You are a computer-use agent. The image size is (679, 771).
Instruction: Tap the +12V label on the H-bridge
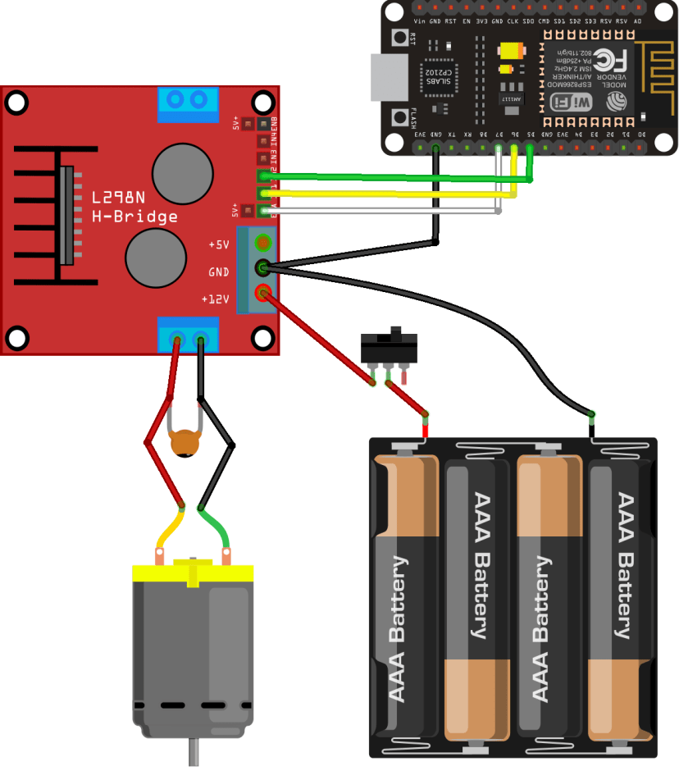pyautogui.click(x=215, y=299)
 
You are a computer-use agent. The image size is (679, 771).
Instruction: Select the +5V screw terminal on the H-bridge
pyautogui.click(x=263, y=243)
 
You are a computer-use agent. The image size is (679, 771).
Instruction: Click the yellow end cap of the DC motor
pyautogui.click(x=192, y=573)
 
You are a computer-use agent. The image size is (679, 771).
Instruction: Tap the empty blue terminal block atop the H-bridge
pyautogui.click(x=188, y=102)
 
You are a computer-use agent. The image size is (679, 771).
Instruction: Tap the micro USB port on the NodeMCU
pyautogui.click(x=383, y=79)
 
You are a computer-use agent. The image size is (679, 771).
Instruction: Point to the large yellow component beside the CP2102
pyautogui.click(x=509, y=48)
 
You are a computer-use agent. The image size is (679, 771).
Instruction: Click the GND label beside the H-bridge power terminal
pyautogui.click(x=218, y=271)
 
